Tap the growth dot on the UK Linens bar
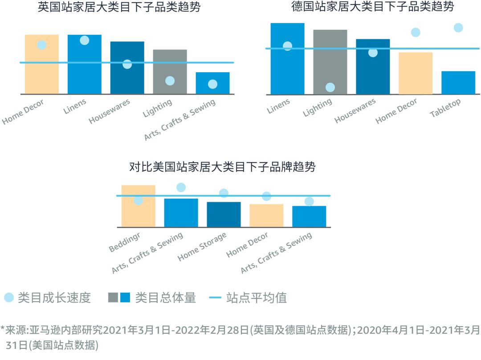click(85, 41)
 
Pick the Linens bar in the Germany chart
click(287, 67)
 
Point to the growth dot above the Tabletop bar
click(458, 28)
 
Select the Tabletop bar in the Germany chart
click(458, 83)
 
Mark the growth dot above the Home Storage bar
click(224, 193)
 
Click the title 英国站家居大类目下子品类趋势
click(119, 7)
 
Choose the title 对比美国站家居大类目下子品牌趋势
click(222, 167)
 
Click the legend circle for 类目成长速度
click(9, 298)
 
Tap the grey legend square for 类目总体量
click(113, 298)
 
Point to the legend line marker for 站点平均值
click(215, 298)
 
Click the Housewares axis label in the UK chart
click(110, 112)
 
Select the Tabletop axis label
click(445, 108)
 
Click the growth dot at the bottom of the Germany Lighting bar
click(330, 87)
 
